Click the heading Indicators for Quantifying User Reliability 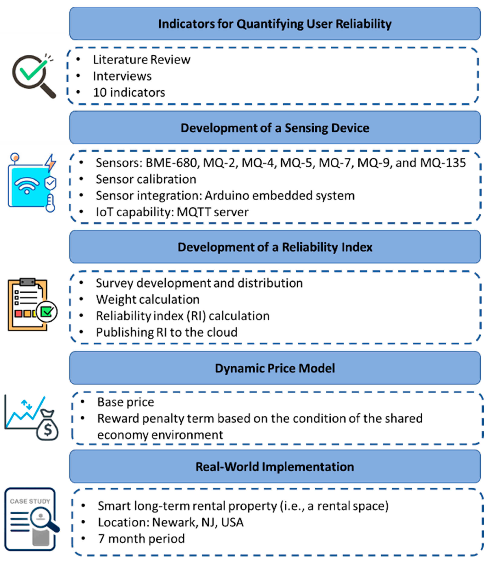click(x=275, y=24)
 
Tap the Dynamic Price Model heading click(x=275, y=368)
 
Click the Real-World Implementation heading click(x=275, y=467)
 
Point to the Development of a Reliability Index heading click(x=275, y=247)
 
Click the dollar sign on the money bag click(x=48, y=430)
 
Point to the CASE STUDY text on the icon click(x=30, y=501)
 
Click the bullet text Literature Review click(x=141, y=60)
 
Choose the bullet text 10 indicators click(x=129, y=93)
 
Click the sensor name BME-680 click(x=171, y=163)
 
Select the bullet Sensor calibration click(x=146, y=179)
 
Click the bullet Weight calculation click(x=148, y=299)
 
